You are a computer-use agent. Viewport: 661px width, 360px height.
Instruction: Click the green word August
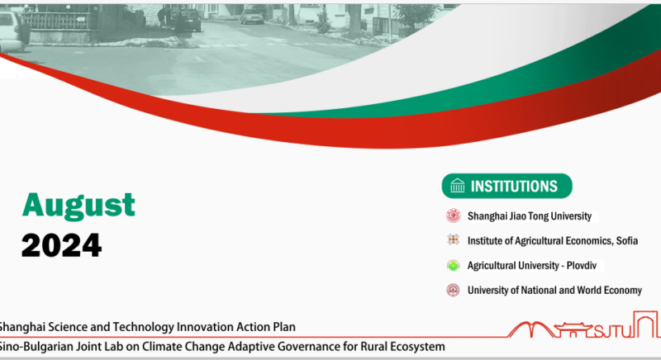coord(78,206)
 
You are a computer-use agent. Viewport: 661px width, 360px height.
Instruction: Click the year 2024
coord(61,245)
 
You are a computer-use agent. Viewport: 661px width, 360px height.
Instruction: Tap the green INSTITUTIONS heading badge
coord(506,186)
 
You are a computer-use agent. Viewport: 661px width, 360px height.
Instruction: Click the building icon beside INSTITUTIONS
coord(458,186)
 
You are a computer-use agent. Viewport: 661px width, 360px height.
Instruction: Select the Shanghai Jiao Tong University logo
coord(453,216)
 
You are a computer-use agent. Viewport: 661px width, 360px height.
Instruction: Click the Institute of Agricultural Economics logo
coord(453,240)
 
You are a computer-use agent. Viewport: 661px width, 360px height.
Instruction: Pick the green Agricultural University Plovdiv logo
coord(453,265)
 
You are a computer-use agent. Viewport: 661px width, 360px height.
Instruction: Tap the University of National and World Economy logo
coord(453,290)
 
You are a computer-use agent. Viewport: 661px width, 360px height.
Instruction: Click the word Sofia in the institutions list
coord(627,241)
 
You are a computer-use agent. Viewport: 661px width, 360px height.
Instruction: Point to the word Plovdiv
coord(582,266)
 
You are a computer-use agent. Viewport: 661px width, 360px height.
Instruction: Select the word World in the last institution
coord(589,291)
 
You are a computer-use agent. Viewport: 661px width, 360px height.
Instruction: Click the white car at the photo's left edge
coord(14,31)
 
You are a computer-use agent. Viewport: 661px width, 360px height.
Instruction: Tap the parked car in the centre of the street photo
coord(252,17)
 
